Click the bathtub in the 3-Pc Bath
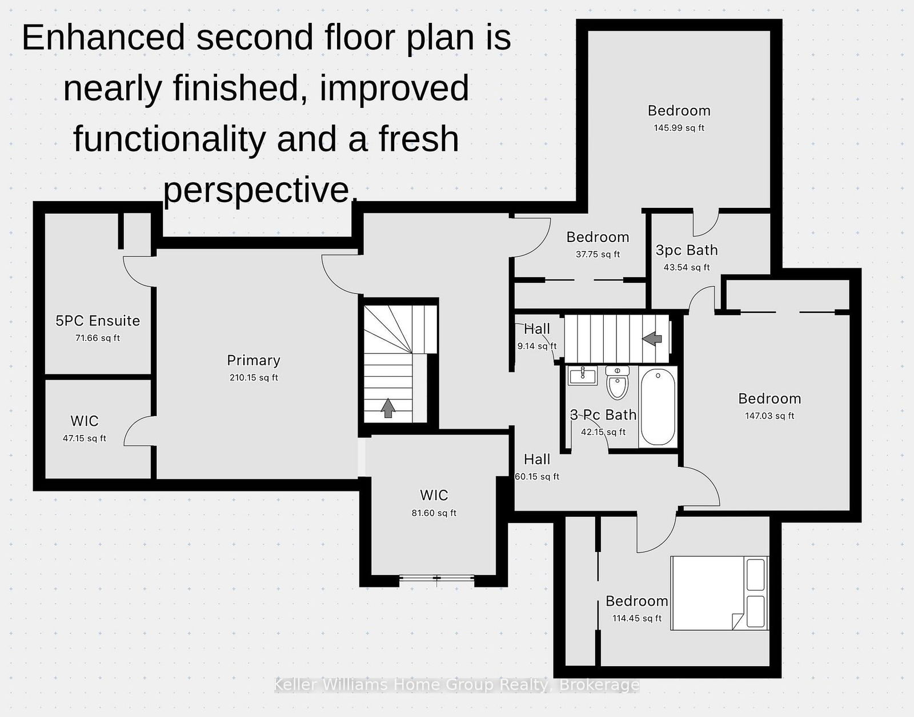(658, 406)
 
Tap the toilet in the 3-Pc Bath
(618, 382)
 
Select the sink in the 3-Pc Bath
(583, 375)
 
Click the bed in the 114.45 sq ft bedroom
(719, 593)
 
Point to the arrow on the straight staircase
(652, 338)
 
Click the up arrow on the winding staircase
(388, 408)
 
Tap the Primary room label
(254, 360)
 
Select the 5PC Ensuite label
(98, 321)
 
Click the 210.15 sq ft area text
(254, 377)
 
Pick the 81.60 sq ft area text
(434, 513)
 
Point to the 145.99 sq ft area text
(679, 128)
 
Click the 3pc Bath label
(687, 250)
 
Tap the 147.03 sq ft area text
(769, 416)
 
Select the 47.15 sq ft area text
(85, 438)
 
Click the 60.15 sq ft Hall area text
(537, 477)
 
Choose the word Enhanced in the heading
(103, 38)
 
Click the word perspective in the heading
(256, 190)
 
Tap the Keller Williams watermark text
(456, 684)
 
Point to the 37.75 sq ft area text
(598, 254)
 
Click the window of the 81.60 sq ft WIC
(436, 579)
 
